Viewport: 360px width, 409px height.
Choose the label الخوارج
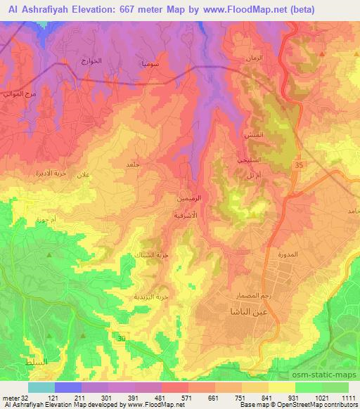click(x=91, y=61)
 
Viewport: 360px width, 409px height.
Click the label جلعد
click(x=132, y=164)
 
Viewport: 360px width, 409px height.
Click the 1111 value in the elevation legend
click(x=349, y=398)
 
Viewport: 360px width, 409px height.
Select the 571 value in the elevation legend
click(x=174, y=398)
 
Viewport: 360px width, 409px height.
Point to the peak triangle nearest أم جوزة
click(x=49, y=254)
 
